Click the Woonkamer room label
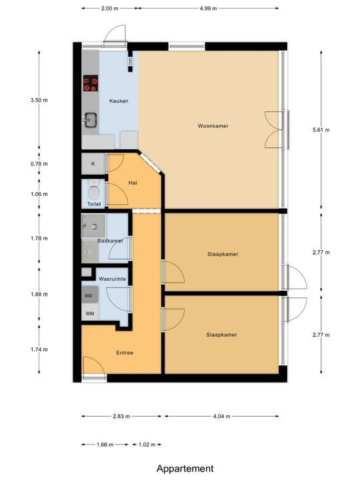tap(213, 126)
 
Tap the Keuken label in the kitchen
tap(119, 101)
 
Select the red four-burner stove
tap(91, 83)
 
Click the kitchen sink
tap(90, 120)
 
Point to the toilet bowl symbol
tap(93, 191)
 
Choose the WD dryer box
tap(90, 295)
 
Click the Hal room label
tap(133, 183)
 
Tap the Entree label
tap(125, 353)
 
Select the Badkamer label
tap(111, 241)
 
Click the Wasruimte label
tap(113, 279)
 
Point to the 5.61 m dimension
tap(321, 130)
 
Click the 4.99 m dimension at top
tap(209, 9)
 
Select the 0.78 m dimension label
tap(39, 164)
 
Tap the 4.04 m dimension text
tap(221, 416)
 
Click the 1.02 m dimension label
tap(147, 445)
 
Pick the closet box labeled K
tap(93, 164)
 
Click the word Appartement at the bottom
tap(185, 469)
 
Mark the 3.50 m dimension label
tap(39, 100)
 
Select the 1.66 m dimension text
tap(105, 445)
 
